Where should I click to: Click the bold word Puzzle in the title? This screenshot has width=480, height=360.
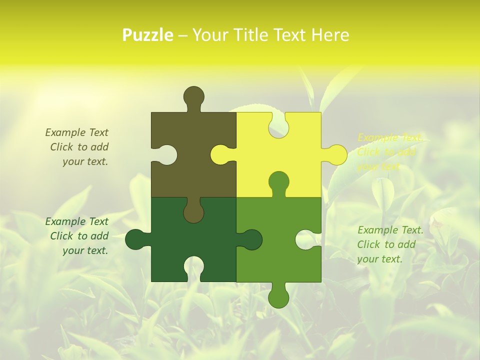click(x=148, y=35)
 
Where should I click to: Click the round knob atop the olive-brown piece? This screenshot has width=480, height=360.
click(x=193, y=96)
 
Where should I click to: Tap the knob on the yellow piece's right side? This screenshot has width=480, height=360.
click(x=336, y=154)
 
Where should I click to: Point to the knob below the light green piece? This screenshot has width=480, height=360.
click(x=278, y=297)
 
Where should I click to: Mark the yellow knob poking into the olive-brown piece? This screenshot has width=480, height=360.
click(x=220, y=154)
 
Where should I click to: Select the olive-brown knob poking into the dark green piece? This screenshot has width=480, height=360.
click(x=193, y=212)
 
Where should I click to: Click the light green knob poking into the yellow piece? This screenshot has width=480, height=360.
click(x=278, y=181)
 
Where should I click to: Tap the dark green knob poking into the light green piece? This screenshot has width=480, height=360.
click(x=251, y=239)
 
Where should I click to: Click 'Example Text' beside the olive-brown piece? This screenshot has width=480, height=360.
click(x=77, y=132)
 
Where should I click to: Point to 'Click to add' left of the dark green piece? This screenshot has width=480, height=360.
click(x=79, y=236)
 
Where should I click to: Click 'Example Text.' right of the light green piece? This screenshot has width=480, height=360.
click(x=390, y=230)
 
